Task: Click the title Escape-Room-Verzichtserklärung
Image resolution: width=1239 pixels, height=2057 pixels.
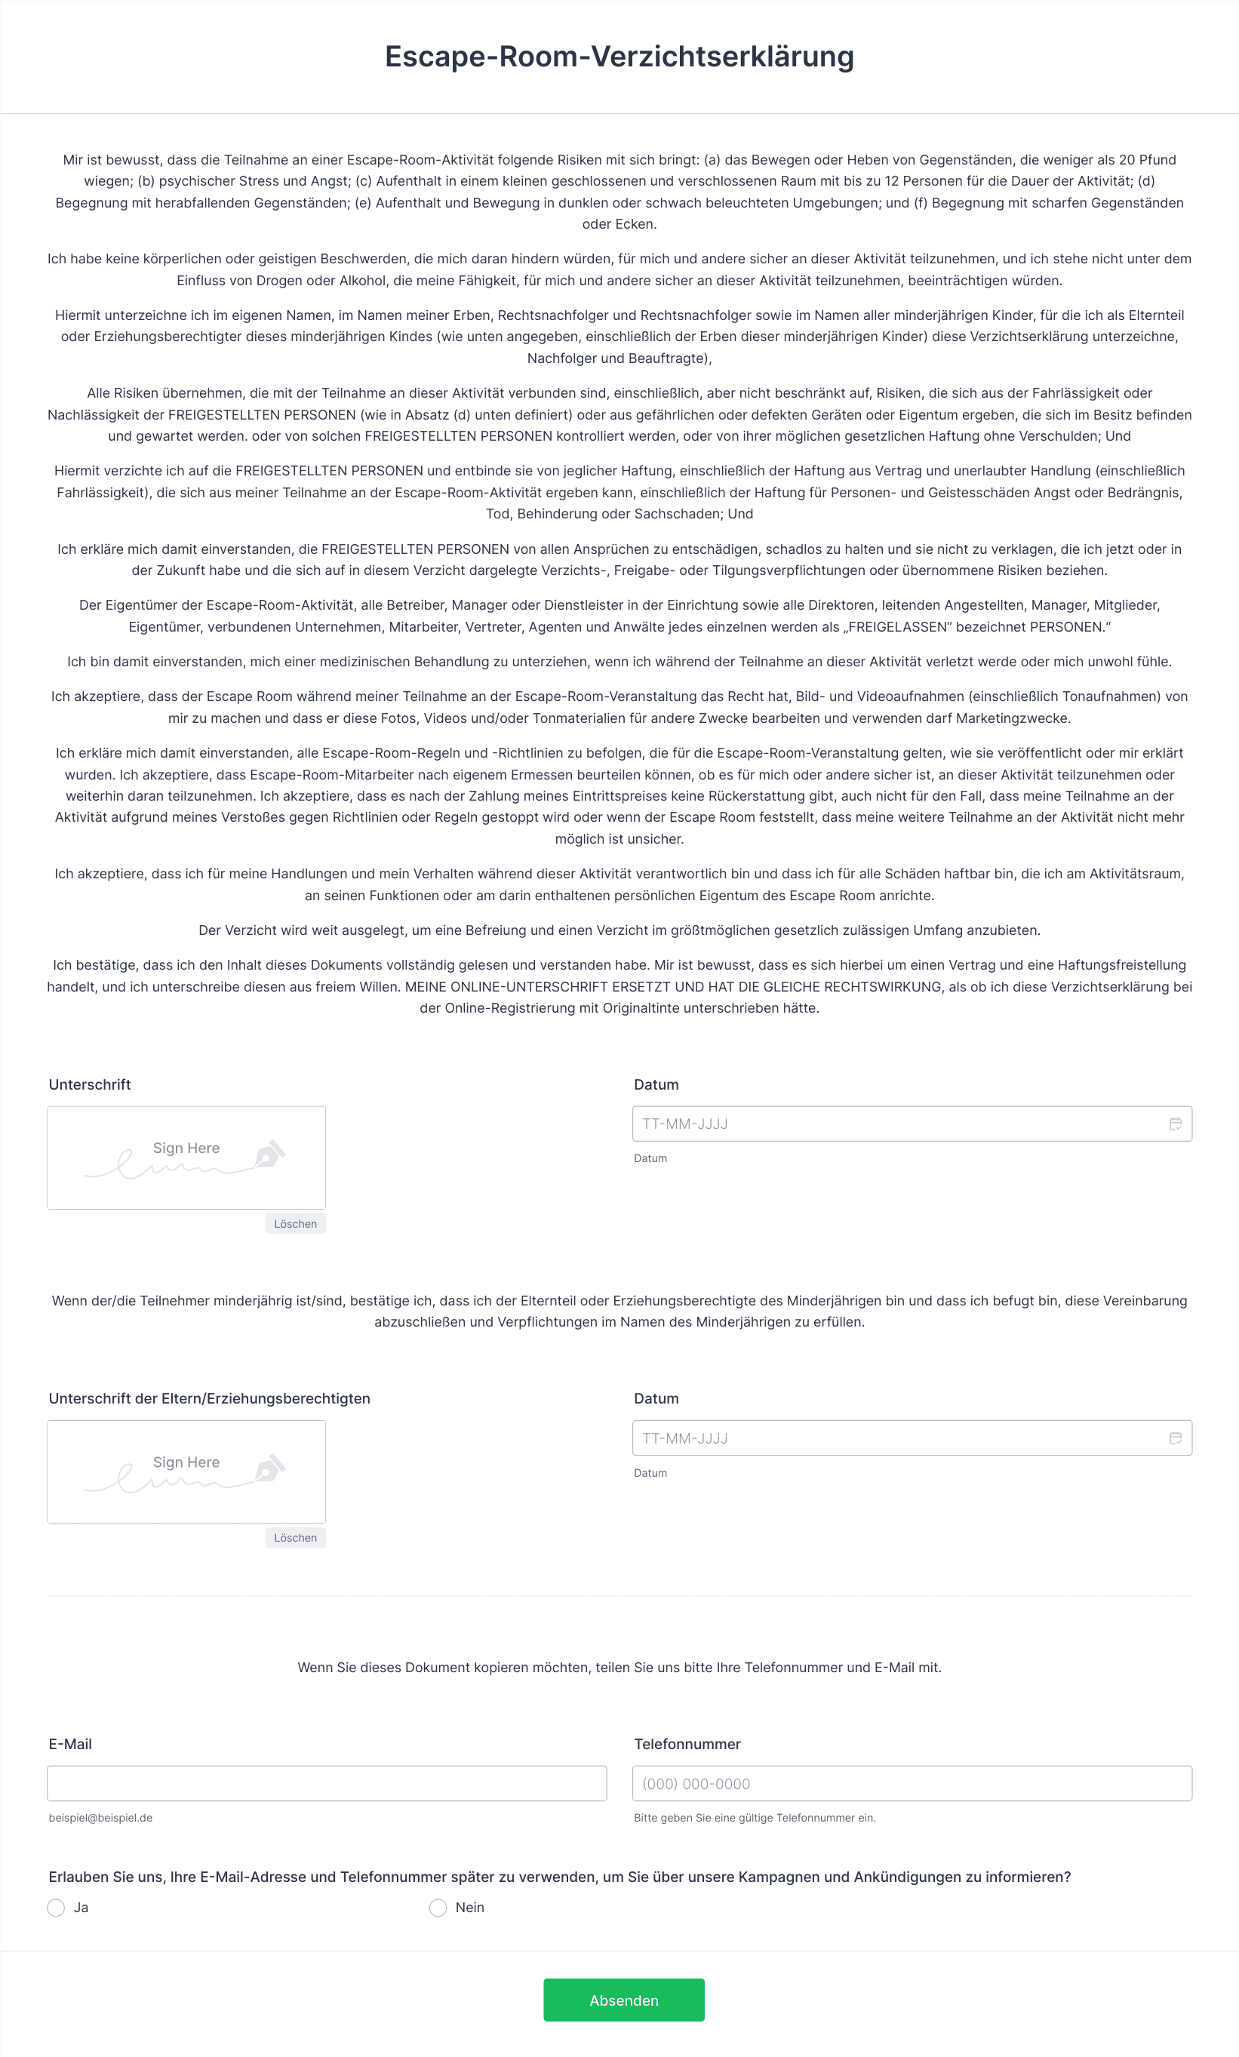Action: (619, 57)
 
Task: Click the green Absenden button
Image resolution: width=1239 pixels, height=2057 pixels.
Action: (624, 2000)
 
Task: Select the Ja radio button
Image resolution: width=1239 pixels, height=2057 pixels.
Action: (56, 1908)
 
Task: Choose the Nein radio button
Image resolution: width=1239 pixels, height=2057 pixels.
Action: (438, 1908)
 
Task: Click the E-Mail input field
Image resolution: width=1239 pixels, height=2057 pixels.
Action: (327, 1783)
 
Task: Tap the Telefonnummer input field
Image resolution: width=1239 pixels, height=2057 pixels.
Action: (912, 1783)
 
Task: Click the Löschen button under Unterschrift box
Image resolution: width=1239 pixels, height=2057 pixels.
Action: (296, 1224)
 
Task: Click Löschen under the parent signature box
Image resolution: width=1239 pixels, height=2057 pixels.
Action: (296, 1538)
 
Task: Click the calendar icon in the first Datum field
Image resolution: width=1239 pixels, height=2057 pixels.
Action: (1176, 1124)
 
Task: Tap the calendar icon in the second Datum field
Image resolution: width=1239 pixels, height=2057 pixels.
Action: (1176, 1437)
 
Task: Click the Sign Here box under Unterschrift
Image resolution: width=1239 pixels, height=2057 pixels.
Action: (186, 1157)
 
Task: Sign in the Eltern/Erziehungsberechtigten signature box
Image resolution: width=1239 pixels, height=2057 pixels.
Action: (186, 1471)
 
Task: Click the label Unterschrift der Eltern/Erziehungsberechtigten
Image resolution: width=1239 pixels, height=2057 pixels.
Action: (210, 1398)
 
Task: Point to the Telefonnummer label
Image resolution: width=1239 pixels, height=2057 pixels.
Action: (687, 1744)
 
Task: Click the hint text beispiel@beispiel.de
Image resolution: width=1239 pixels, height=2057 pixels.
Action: (100, 1817)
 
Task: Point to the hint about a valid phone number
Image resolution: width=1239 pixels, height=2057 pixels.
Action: (755, 1817)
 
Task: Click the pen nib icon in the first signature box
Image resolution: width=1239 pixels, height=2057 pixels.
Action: (269, 1154)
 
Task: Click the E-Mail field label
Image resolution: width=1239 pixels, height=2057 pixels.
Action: (70, 1744)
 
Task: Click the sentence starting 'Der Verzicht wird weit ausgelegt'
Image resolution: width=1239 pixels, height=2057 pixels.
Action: (619, 930)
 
